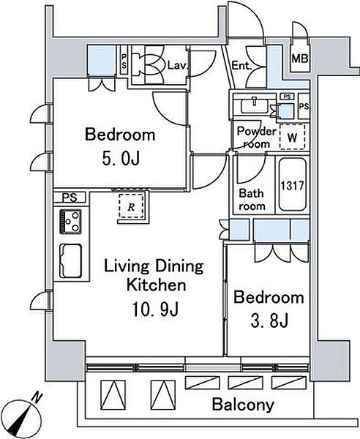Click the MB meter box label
[300, 59]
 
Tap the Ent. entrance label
[241, 66]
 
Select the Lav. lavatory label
[178, 66]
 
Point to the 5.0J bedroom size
[121, 160]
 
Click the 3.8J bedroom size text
[269, 321]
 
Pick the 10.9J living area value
[155, 309]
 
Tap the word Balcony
[243, 405]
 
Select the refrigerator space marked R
[131, 206]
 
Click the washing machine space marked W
[292, 137]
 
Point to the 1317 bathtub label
[292, 185]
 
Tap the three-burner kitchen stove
[70, 222]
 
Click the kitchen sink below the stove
[70, 260]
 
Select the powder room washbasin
[255, 106]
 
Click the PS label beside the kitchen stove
[70, 198]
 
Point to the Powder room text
[257, 138]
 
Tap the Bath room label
[252, 200]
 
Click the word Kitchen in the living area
[156, 285]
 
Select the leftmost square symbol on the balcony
[113, 395]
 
